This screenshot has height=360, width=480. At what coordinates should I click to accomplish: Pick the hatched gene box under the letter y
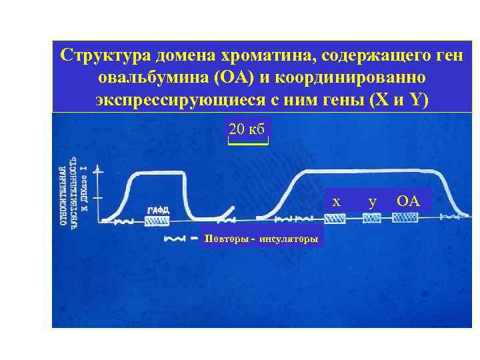[371, 218]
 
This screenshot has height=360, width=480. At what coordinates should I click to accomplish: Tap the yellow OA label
[408, 200]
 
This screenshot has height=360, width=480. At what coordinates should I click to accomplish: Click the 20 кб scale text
[247, 129]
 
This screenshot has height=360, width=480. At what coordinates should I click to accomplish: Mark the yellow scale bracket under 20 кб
[247, 142]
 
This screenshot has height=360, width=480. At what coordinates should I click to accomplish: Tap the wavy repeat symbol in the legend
[174, 238]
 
